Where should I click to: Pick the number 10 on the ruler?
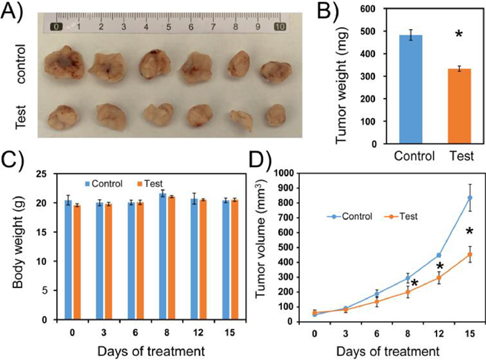point(280,27)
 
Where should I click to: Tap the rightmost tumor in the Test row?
point(276,114)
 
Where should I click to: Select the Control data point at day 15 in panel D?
point(470,198)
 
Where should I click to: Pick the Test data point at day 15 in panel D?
point(470,254)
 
